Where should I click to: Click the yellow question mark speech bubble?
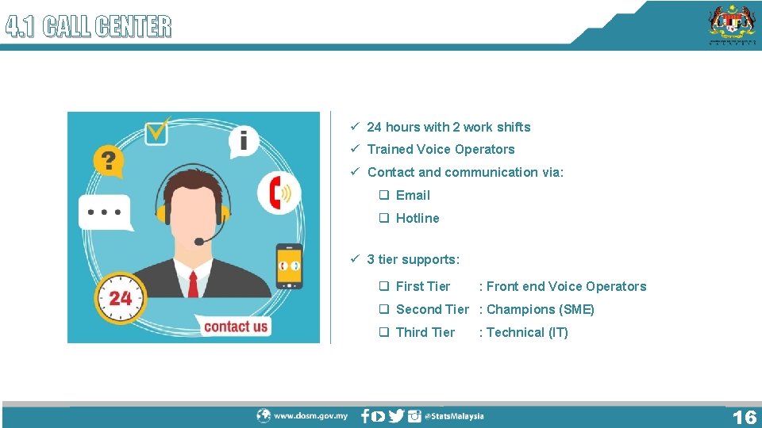(109, 161)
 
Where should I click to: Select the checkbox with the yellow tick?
(157, 129)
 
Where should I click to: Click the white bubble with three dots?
(105, 212)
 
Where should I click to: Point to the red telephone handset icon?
(277, 193)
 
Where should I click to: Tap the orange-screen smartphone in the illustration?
(289, 266)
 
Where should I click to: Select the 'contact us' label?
(235, 326)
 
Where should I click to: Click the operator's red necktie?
(193, 284)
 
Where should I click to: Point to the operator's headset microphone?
(199, 241)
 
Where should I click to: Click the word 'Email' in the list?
(413, 195)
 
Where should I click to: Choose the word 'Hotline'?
(418, 218)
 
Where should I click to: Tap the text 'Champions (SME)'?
(541, 309)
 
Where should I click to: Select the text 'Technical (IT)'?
(528, 332)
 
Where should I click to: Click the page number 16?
(744, 417)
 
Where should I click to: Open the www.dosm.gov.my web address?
(310, 415)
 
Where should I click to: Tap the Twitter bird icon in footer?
(396, 415)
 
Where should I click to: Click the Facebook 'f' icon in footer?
(365, 415)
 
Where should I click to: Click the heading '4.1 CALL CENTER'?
(88, 28)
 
